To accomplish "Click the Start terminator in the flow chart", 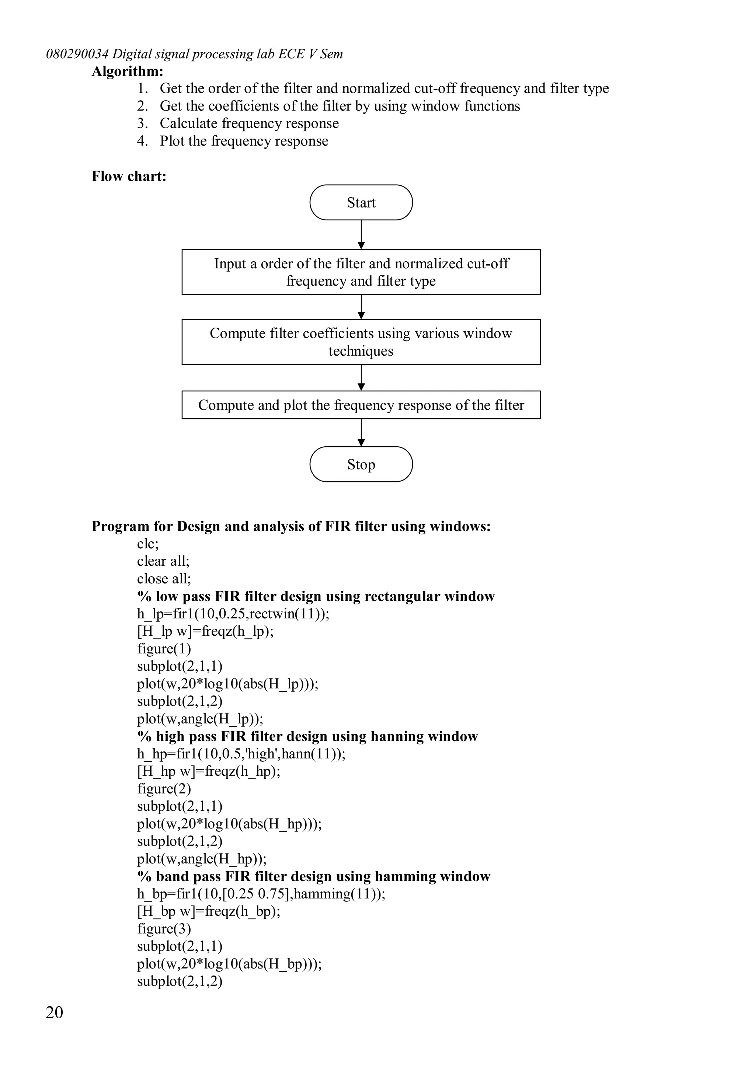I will (x=361, y=202).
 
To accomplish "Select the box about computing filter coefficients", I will (x=361, y=342).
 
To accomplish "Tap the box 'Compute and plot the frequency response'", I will (x=361, y=405).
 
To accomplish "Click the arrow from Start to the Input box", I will (x=361, y=234).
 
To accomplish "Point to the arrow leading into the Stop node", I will (x=361, y=433).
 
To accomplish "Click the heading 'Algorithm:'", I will (x=128, y=71).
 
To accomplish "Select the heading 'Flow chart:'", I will (x=129, y=176).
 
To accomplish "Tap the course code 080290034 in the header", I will (x=77, y=54).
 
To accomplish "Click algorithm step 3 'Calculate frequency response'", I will (x=249, y=123).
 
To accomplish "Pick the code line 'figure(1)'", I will (x=164, y=649).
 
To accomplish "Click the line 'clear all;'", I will (x=163, y=561).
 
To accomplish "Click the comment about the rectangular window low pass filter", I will (x=316, y=596).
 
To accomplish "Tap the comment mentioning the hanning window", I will (x=307, y=736).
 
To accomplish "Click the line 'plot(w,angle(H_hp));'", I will (x=201, y=858).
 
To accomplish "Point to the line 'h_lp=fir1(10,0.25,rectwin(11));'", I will (x=233, y=614).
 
